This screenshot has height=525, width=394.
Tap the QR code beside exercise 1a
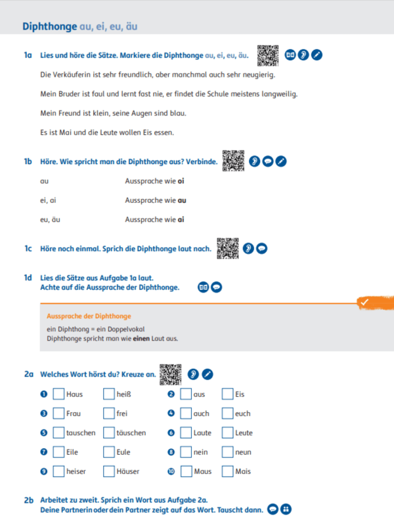tap(267, 54)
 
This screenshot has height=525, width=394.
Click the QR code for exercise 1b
tap(233, 160)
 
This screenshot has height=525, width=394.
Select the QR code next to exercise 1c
tap(228, 247)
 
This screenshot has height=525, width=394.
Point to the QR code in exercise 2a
tap(170, 373)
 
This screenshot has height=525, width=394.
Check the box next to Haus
tap(58, 394)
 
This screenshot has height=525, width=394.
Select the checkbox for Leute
tap(227, 433)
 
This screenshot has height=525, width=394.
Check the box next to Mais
tap(227, 471)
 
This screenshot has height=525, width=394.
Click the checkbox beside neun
tap(227, 452)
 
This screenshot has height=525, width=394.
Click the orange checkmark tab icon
tap(364, 303)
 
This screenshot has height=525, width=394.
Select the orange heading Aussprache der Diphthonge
tap(89, 316)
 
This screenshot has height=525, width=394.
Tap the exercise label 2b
tap(28, 500)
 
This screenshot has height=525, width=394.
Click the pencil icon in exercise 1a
tap(317, 55)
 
